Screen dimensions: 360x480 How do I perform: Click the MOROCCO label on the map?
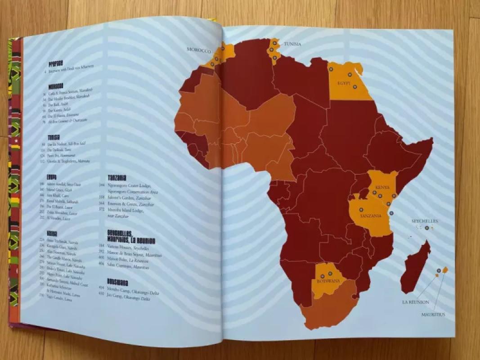199,50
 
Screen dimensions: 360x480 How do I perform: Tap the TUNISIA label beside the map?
292,44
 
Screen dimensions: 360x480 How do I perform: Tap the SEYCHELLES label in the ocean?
424,221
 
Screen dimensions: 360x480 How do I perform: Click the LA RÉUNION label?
415,302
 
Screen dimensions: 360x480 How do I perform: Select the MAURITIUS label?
433,315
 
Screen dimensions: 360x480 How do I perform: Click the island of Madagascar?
416,268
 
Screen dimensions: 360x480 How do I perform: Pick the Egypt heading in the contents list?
51,177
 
